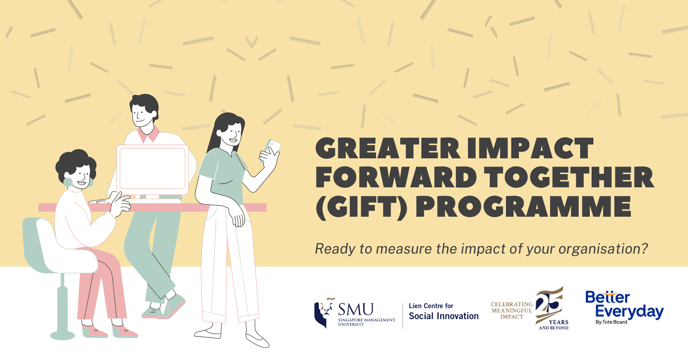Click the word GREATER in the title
(x=388, y=148)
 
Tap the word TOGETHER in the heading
(x=569, y=177)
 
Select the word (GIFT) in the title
(x=362, y=207)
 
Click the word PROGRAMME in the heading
(x=523, y=207)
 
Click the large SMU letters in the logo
(x=356, y=309)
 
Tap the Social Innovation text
(x=444, y=316)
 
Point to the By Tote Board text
(x=611, y=322)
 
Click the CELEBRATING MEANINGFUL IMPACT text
(x=512, y=311)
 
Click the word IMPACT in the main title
(x=531, y=148)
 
